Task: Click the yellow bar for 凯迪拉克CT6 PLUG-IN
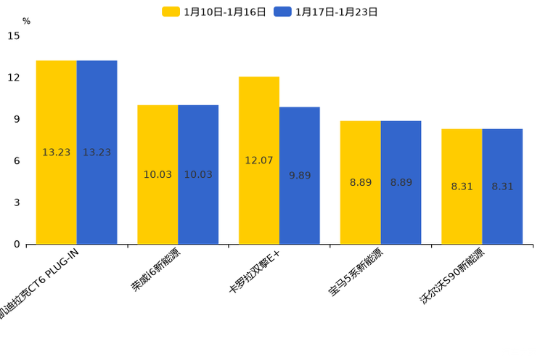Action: pos(56,152)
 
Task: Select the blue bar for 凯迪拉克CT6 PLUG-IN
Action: pos(97,152)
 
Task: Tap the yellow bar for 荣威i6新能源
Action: pos(157,174)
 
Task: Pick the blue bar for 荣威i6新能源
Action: pos(198,174)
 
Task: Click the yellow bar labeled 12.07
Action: pos(259,160)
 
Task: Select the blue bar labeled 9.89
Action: pos(300,176)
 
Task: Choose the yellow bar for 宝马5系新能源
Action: pos(361,182)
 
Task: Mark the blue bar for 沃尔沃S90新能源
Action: pos(502,187)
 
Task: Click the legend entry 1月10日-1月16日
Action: pos(215,12)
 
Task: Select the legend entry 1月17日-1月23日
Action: pos(327,12)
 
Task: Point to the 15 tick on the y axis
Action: pos(14,36)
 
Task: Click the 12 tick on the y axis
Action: pos(14,77)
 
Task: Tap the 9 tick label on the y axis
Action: pos(17,119)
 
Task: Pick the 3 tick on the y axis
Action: pos(17,202)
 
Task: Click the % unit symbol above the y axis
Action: pos(26,21)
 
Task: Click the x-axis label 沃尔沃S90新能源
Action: pos(451,276)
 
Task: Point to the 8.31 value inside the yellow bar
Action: pos(462,187)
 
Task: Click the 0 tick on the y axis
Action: pos(17,245)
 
